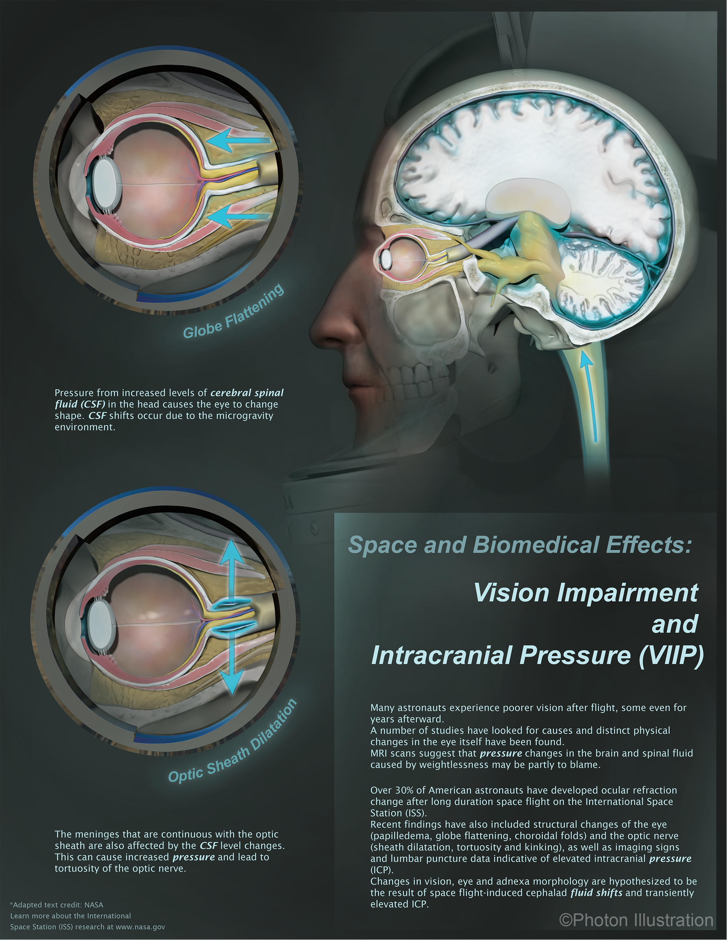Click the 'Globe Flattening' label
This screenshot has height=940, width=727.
(234, 312)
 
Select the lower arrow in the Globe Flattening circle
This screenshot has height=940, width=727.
(239, 216)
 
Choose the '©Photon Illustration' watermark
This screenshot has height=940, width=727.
(636, 920)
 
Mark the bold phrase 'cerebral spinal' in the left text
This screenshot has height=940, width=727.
(247, 393)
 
